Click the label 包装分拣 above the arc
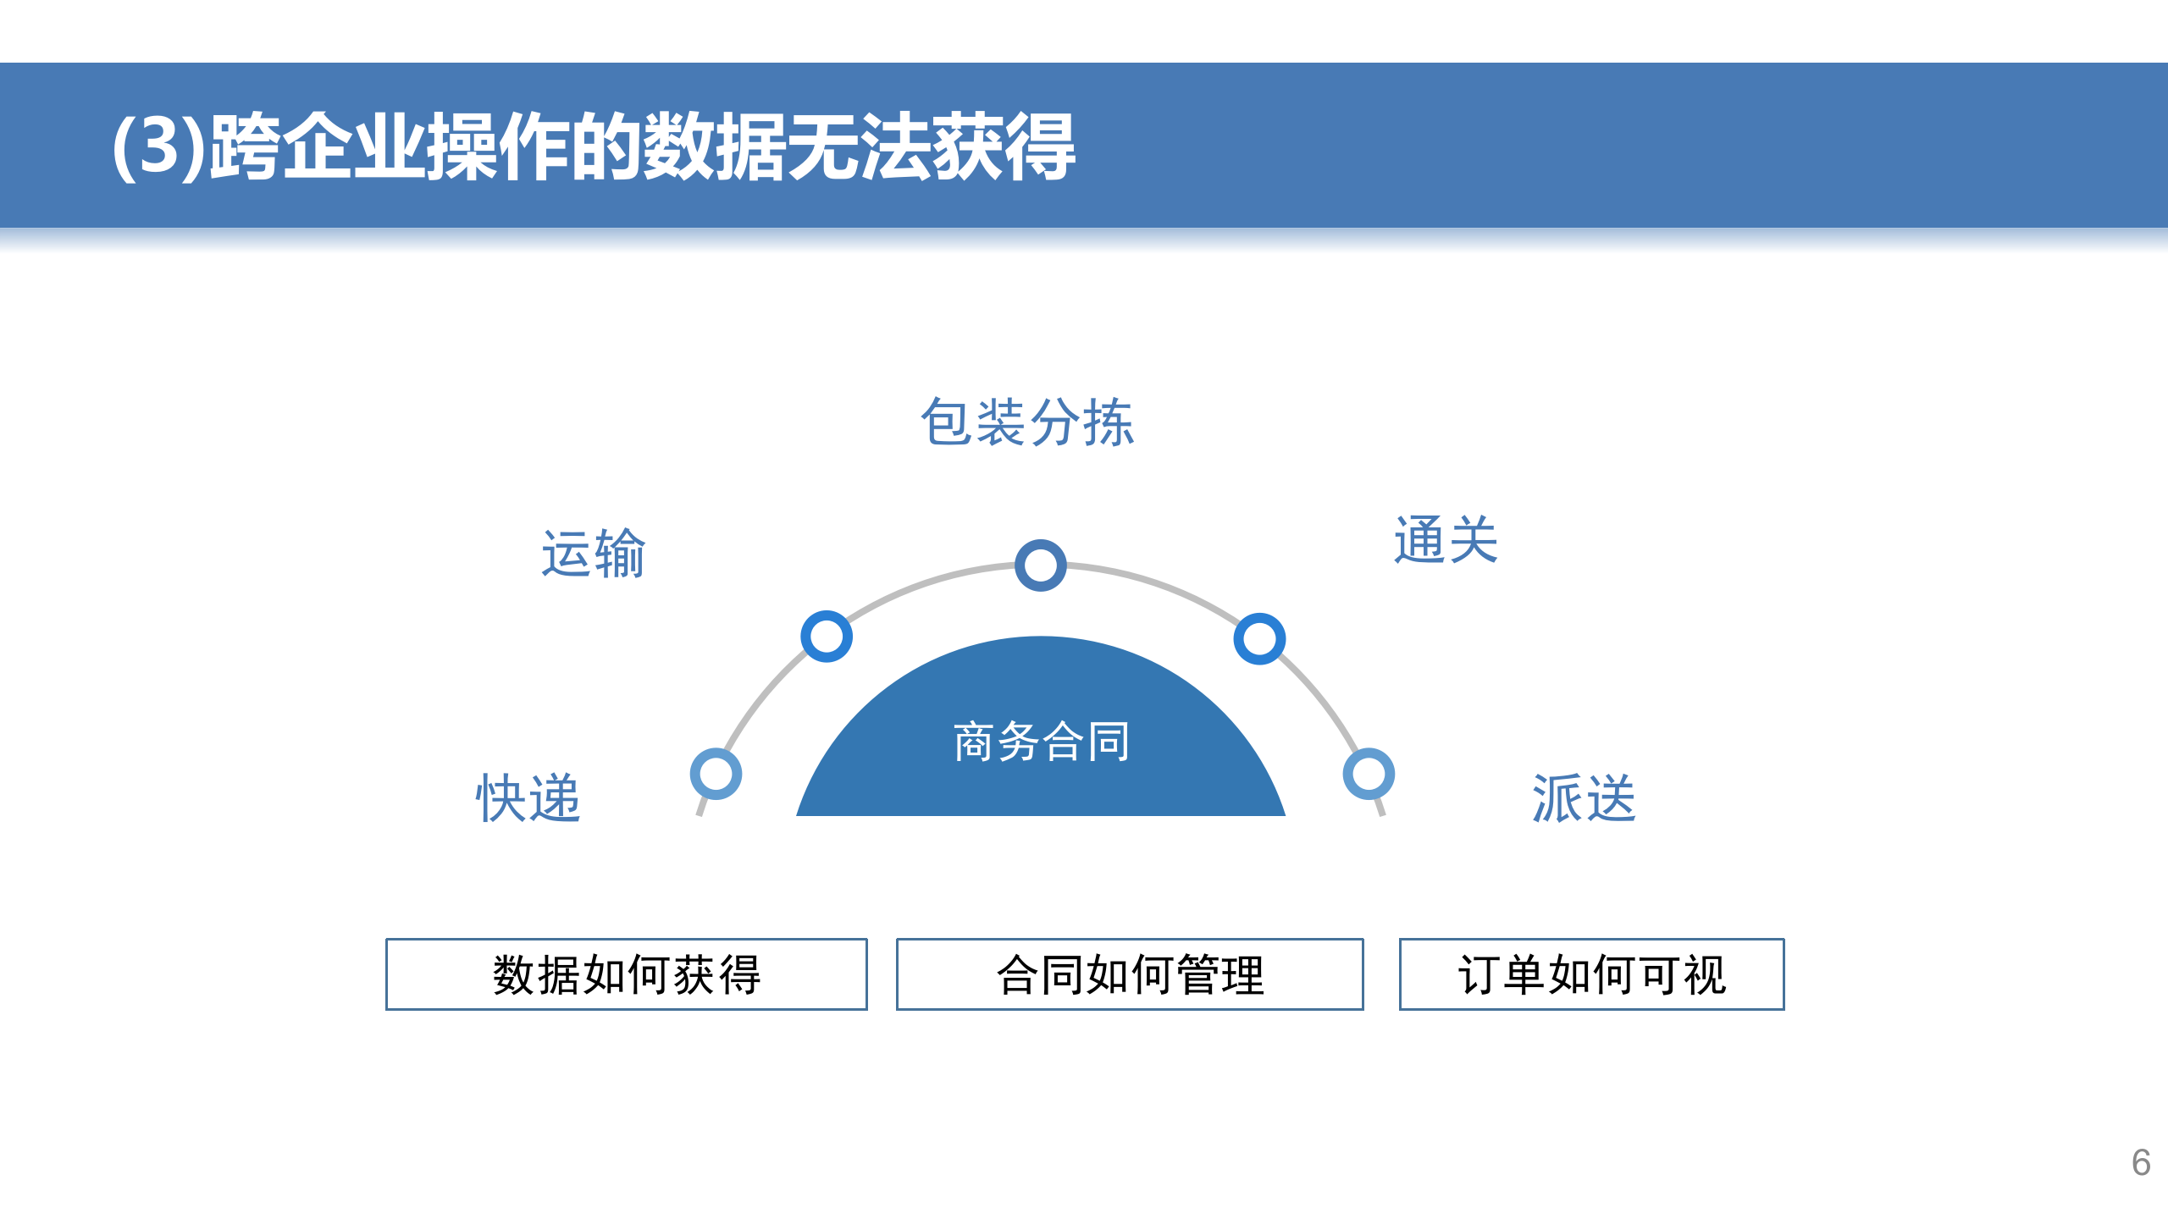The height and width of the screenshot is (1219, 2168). [1026, 422]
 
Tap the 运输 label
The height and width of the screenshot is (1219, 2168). [593, 554]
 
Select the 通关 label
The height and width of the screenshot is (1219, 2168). [1446, 540]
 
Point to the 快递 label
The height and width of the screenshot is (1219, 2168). [528, 797]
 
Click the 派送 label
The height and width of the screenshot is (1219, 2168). [1584, 797]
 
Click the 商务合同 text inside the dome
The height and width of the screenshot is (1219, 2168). [1041, 742]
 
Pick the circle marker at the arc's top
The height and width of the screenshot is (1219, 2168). [1040, 565]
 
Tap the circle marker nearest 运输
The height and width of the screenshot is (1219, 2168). [826, 637]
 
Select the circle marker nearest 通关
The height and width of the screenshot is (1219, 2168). [1259, 638]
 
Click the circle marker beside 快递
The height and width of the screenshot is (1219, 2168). [716, 774]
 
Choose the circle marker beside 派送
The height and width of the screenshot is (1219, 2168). [1369, 774]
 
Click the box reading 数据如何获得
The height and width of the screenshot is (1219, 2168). [626, 974]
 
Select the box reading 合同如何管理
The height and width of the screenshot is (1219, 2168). [1130, 974]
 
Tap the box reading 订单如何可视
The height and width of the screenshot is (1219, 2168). [1591, 974]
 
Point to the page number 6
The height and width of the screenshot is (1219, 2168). [2141, 1163]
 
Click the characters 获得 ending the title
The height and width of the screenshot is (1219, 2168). [1003, 146]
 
